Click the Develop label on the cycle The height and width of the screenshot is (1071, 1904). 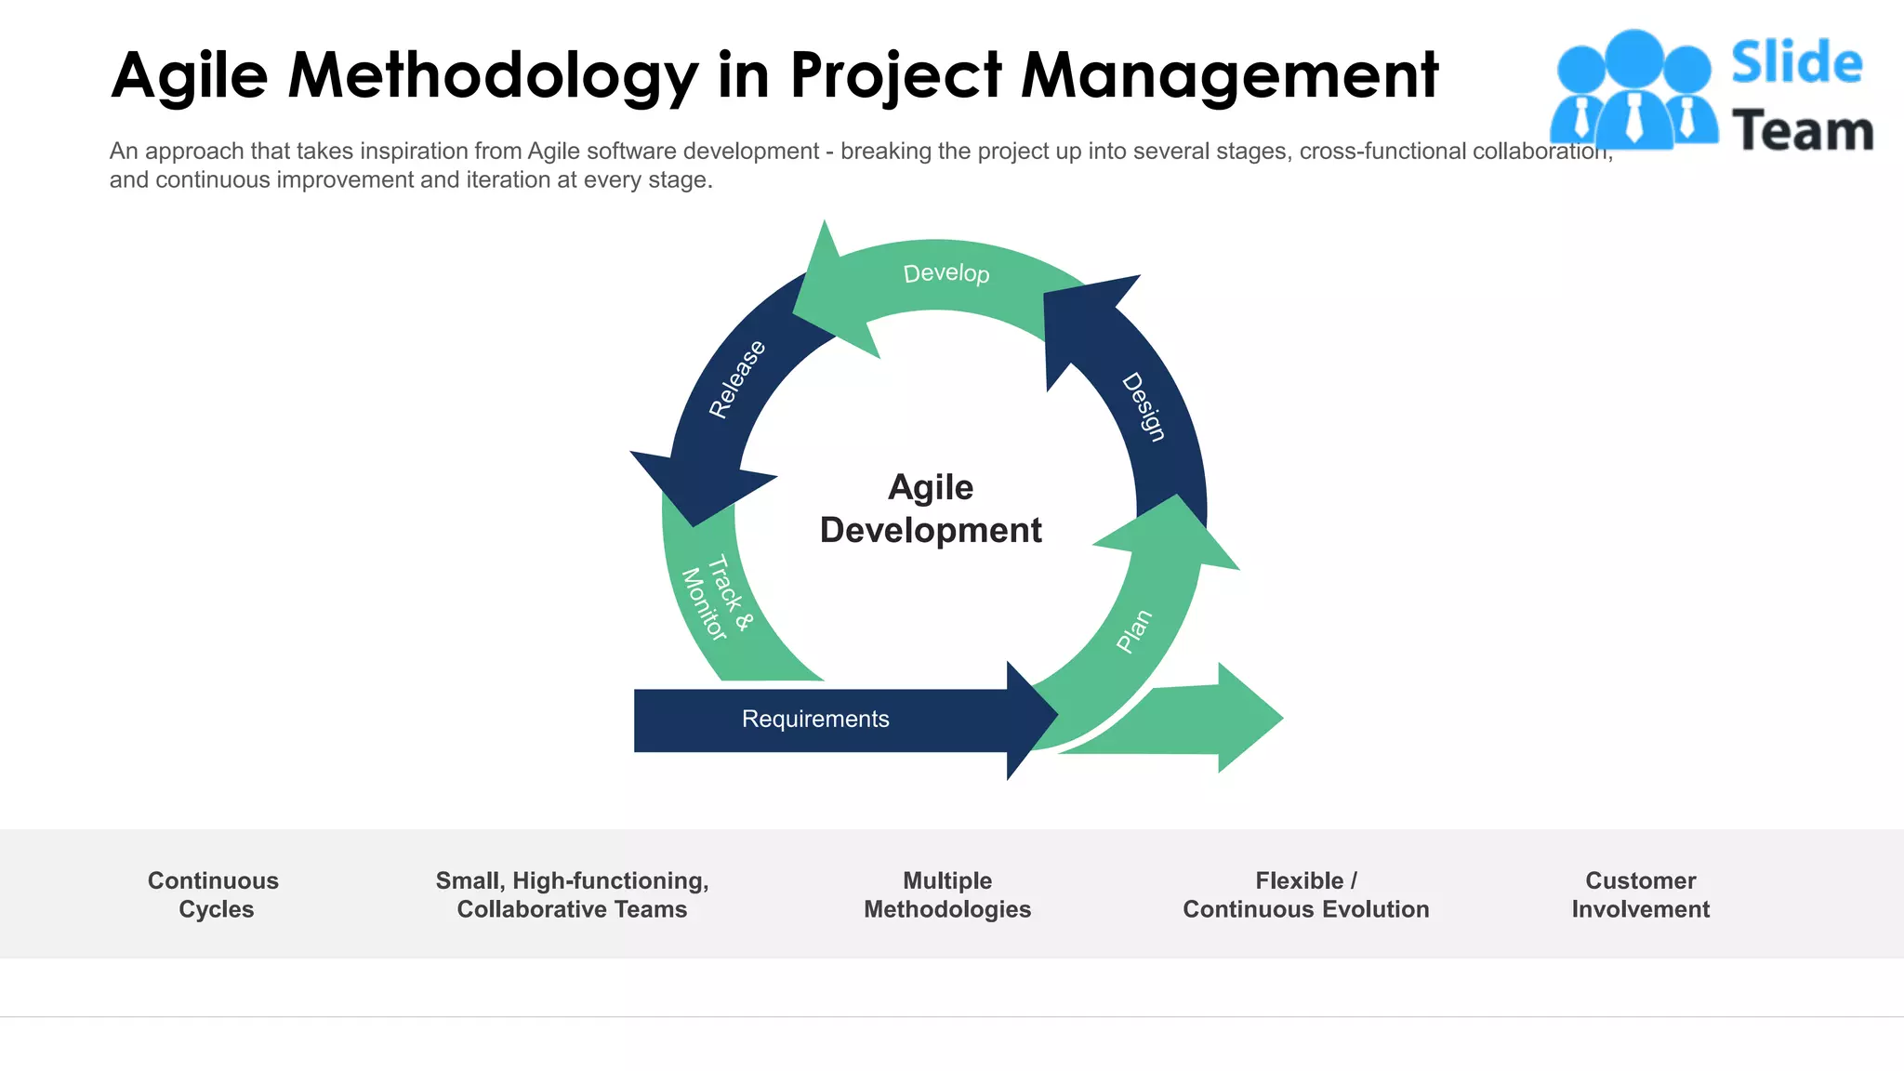946,273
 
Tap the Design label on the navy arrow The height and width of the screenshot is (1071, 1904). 1144,407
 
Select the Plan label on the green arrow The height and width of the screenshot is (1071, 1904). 1134,631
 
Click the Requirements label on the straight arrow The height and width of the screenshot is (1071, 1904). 815,719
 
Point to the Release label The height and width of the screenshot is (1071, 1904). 737,378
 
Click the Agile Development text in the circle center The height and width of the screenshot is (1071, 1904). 931,509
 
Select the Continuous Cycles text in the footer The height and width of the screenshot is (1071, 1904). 214,894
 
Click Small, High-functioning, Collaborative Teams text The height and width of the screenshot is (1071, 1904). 572,894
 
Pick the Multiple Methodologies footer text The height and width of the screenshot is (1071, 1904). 947,894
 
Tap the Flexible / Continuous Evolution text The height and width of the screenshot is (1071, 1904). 1305,894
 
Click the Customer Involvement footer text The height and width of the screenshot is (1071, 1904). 1640,894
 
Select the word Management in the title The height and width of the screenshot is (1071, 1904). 1229,74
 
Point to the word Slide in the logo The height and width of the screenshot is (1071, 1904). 1796,63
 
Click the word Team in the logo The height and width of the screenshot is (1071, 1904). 1802,130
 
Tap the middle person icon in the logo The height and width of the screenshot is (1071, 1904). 1633,88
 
